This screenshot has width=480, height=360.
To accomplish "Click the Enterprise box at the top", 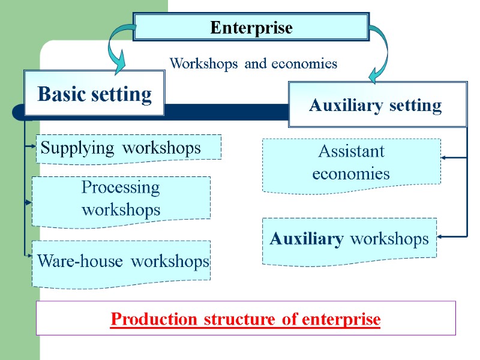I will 251,28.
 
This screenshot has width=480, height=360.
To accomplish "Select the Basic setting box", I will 94,94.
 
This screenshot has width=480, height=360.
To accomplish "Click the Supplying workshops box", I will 128,148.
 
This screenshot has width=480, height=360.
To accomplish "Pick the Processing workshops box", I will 121,199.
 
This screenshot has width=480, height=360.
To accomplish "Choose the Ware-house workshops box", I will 122,262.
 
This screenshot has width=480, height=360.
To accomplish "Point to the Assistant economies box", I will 351,163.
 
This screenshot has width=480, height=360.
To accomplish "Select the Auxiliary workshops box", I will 350,239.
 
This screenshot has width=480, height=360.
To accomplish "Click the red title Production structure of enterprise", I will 245,319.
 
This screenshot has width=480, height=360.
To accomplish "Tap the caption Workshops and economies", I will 253,63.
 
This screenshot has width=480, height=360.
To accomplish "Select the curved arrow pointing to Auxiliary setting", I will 379,54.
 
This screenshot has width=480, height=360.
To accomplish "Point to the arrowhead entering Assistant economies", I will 445,157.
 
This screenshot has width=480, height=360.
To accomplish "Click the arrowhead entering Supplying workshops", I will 33,146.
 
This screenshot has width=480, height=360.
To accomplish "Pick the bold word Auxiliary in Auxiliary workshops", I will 306,239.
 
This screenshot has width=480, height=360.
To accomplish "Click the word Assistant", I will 351,151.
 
